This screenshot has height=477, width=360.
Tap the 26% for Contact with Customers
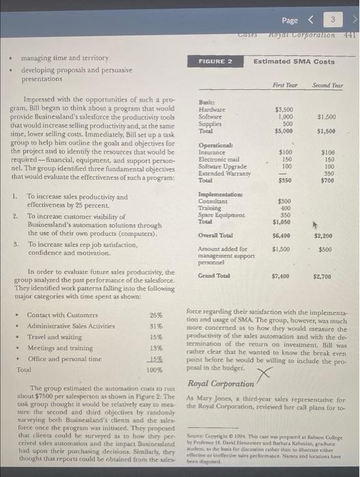[156, 315]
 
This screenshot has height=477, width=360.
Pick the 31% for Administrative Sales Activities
[156, 326]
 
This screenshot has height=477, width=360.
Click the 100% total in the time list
[155, 369]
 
